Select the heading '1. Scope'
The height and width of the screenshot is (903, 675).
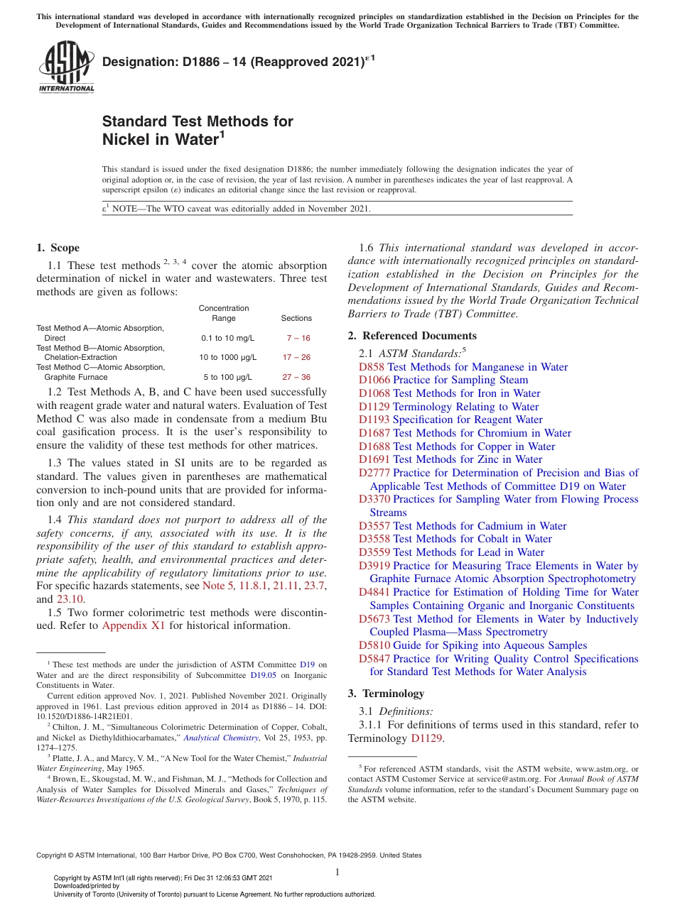click(x=58, y=248)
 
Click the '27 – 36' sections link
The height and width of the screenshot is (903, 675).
click(x=296, y=378)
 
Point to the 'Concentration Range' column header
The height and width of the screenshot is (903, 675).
click(x=224, y=313)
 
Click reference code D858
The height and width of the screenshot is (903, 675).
click(x=372, y=367)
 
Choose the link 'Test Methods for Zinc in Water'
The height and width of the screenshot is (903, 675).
click(x=468, y=459)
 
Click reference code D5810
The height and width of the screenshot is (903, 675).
click(x=374, y=645)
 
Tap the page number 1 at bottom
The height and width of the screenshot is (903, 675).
click(x=337, y=872)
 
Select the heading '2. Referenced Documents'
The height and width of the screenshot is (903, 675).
click(x=412, y=336)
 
